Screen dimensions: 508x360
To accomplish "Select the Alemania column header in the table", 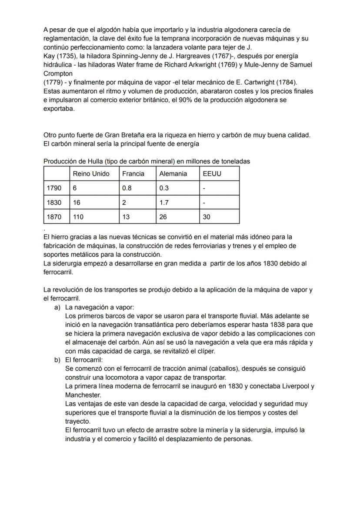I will pyautogui.click(x=173, y=174).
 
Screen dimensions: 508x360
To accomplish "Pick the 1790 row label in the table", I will pyautogui.click(x=54, y=188).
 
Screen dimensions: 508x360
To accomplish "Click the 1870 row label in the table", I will pyautogui.click(x=54, y=216).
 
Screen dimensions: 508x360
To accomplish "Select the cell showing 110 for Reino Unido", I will pyautogui.click(x=78, y=216).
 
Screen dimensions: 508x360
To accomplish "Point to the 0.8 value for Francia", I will pyautogui.click(x=127, y=188).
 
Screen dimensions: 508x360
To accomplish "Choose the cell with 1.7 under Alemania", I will pyautogui.click(x=164, y=203).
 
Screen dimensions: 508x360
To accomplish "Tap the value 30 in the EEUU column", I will pyautogui.click(x=207, y=216).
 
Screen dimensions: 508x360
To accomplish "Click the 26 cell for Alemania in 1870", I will pyautogui.click(x=163, y=216).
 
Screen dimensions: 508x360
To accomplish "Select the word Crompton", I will pyautogui.click(x=58, y=74).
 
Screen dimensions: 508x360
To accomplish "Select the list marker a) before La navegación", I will pyautogui.click(x=57, y=307).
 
